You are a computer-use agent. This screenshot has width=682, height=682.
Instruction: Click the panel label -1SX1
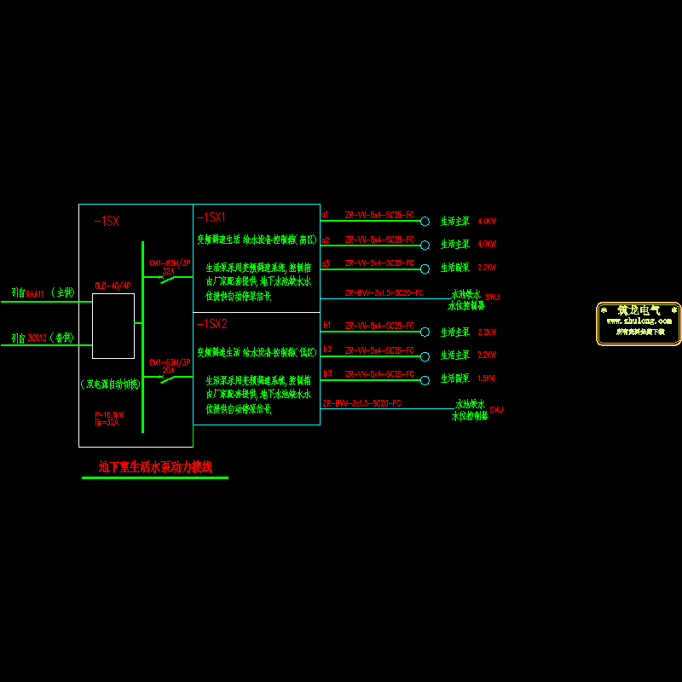coord(211,218)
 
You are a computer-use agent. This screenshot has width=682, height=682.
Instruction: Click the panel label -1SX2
coord(211,325)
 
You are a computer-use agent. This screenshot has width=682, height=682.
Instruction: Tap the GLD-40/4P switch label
coord(113,286)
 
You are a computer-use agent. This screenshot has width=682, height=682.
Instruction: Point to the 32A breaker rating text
coord(168,270)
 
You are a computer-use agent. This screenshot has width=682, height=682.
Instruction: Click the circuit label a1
coord(325,214)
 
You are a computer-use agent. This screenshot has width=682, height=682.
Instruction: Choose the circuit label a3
coord(325,263)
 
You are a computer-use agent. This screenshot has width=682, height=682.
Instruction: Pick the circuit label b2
coord(327,350)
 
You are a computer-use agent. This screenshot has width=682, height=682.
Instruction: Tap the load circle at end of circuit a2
coord(425,246)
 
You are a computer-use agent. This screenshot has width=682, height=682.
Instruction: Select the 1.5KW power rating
coord(488,378)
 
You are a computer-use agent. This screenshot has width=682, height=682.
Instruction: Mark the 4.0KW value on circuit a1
coord(487,222)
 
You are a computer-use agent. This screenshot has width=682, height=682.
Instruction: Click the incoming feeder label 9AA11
coord(33,293)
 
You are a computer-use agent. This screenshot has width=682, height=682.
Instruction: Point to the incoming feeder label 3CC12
coord(35,338)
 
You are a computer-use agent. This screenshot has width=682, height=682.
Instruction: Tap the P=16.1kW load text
coord(109,414)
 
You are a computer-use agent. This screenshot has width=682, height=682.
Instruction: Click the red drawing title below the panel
coord(154,467)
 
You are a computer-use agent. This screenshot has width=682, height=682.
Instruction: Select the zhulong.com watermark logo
coord(638,323)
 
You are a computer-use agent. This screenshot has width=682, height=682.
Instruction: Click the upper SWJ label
coord(493,297)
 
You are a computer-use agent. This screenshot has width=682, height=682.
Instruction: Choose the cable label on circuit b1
coord(379,327)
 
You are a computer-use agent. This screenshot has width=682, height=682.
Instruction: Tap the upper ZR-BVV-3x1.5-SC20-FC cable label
coord(384,292)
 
